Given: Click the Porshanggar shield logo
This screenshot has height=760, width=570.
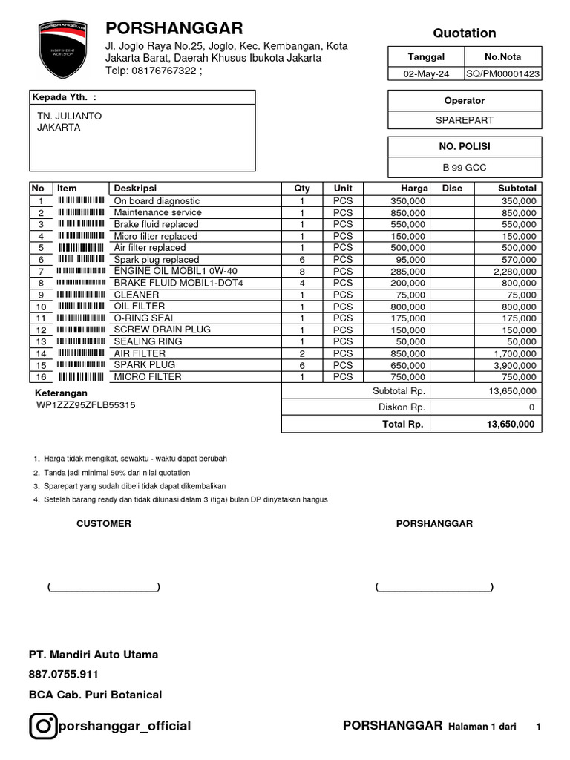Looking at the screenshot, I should pyautogui.click(x=62, y=50).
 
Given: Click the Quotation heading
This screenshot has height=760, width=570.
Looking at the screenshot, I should pyautogui.click(x=465, y=33).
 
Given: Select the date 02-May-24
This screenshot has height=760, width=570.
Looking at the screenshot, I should pyautogui.click(x=426, y=74).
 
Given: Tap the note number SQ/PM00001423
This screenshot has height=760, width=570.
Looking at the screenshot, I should pyautogui.click(x=502, y=74).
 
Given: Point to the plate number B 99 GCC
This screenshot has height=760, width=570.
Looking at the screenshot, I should pyautogui.click(x=465, y=168).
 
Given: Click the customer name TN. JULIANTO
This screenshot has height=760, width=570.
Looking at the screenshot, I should pyautogui.click(x=70, y=117).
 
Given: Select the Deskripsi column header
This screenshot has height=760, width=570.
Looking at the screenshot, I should pyautogui.click(x=135, y=189).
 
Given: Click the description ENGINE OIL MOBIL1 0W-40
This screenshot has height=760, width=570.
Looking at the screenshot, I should pyautogui.click(x=175, y=271).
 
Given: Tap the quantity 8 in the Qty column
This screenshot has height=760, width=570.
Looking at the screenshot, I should pyautogui.click(x=302, y=272).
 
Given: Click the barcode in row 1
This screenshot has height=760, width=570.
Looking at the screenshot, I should pyautogui.click(x=81, y=201).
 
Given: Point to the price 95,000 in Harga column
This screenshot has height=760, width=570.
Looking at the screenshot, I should pyautogui.click(x=410, y=260).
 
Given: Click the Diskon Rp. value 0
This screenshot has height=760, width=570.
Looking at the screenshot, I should pyautogui.click(x=531, y=407).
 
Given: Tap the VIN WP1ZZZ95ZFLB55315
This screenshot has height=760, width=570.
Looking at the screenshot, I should pyautogui.click(x=86, y=405).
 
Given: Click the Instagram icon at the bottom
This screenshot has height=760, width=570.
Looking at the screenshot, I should pyautogui.click(x=43, y=726).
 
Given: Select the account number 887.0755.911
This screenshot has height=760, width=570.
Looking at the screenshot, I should pyautogui.click(x=64, y=675).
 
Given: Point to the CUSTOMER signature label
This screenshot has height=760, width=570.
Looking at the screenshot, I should pyautogui.click(x=104, y=524).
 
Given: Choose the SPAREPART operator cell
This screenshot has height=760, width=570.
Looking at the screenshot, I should pyautogui.click(x=465, y=120).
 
